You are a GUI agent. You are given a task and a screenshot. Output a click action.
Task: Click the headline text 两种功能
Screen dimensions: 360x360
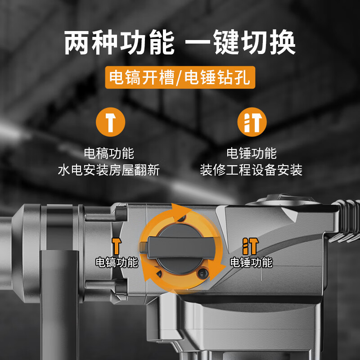click(x=119, y=43)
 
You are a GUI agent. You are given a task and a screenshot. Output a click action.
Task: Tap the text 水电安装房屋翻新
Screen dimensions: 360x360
click(x=109, y=170)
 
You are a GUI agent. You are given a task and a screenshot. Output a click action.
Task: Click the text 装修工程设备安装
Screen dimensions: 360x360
click(x=251, y=170)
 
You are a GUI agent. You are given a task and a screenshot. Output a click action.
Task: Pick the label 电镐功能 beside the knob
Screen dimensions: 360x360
click(x=117, y=262)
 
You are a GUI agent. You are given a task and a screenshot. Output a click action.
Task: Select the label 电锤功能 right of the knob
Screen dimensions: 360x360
click(x=251, y=262)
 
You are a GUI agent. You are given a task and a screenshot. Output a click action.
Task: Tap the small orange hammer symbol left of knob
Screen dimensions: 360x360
click(x=117, y=246)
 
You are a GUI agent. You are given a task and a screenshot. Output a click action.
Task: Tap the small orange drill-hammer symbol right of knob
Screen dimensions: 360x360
click(x=250, y=246)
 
